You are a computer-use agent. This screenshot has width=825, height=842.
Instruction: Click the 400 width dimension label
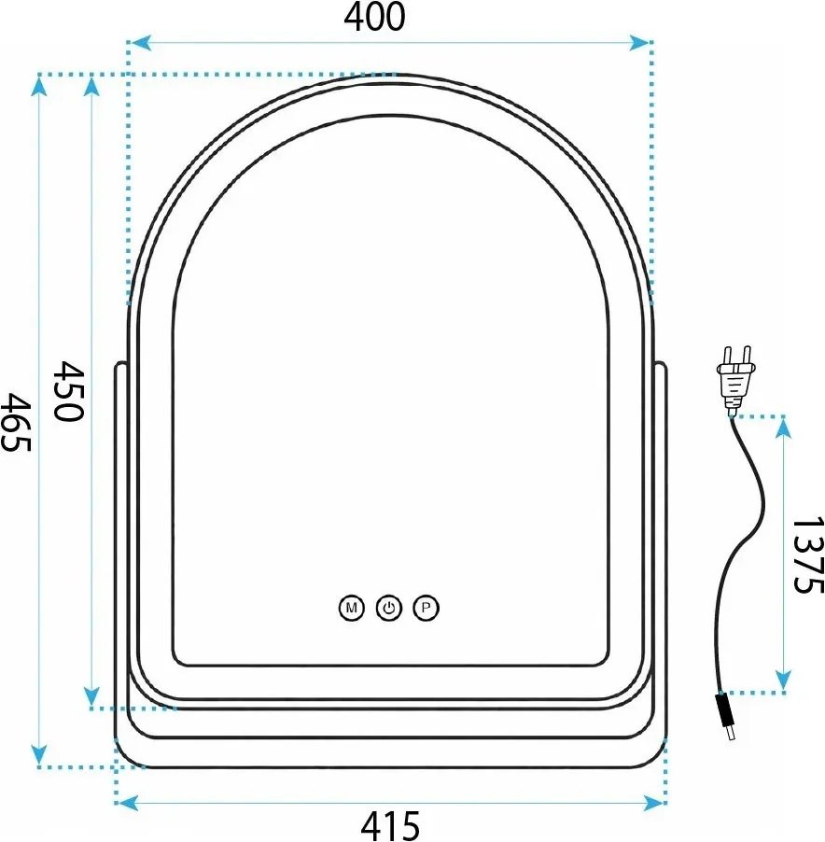374,17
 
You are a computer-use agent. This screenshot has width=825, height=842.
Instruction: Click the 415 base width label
390,826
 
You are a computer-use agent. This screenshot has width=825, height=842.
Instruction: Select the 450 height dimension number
69,391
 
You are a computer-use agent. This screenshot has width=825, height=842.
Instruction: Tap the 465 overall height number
16,422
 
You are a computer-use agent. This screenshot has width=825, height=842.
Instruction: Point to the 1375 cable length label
808,554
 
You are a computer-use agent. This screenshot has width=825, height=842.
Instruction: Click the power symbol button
389,608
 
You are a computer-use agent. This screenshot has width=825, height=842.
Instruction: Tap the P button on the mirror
426,608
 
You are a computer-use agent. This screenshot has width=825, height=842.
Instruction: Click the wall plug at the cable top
736,379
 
